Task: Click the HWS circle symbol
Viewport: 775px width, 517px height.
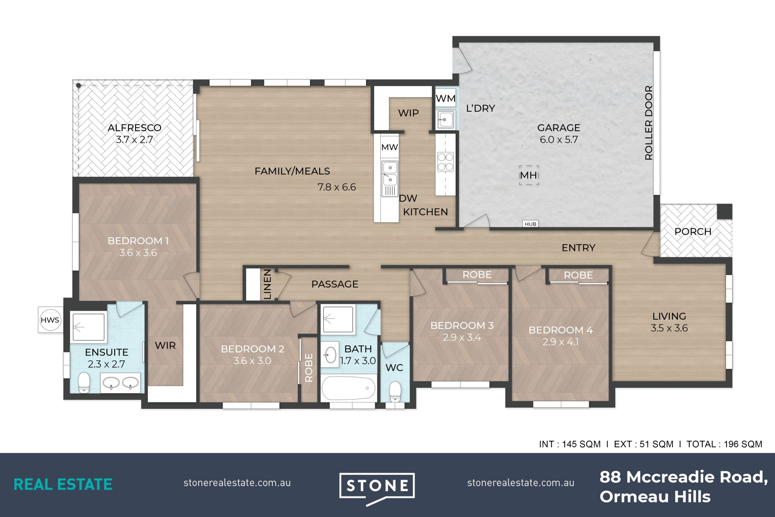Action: click(x=50, y=320)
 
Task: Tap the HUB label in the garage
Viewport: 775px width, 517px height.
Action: click(x=530, y=224)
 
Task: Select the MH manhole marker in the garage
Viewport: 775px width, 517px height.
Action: click(x=528, y=175)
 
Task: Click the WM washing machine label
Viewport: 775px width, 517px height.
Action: click(x=446, y=98)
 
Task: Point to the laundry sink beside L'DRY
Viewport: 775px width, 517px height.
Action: click(x=446, y=119)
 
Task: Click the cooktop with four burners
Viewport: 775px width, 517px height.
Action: click(x=445, y=161)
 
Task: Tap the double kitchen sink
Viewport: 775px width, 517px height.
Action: click(x=390, y=174)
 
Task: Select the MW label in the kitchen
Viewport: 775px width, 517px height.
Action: click(x=390, y=147)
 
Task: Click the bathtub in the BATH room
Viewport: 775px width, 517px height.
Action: click(x=348, y=388)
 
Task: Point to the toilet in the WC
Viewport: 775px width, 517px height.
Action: click(x=395, y=392)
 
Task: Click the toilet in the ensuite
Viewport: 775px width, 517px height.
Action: click(x=84, y=382)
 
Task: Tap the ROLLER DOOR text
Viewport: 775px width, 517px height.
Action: click(x=649, y=123)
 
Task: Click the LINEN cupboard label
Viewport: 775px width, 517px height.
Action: click(x=268, y=285)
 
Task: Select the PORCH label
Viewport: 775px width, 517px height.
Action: click(x=693, y=232)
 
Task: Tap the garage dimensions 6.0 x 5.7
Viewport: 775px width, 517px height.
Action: click(x=559, y=140)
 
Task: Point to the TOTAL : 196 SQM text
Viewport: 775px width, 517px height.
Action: click(x=724, y=444)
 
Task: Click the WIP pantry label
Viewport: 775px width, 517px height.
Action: click(x=408, y=113)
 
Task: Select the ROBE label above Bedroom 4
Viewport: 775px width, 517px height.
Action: click(x=578, y=275)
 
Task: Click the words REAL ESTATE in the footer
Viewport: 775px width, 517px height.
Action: click(x=63, y=484)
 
